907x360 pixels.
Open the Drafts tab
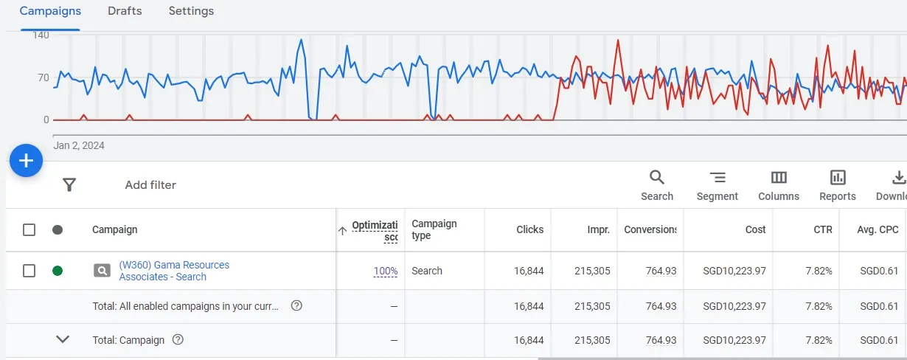click(x=125, y=11)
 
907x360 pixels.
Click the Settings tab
click(x=191, y=11)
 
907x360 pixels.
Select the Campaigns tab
click(x=50, y=11)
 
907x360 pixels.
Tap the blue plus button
click(x=26, y=160)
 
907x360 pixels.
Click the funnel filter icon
click(x=69, y=185)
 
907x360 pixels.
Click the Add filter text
click(x=150, y=185)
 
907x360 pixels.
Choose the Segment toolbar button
click(x=717, y=185)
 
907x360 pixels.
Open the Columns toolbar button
click(x=779, y=185)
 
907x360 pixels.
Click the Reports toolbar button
click(x=838, y=185)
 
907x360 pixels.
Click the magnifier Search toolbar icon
click(x=656, y=178)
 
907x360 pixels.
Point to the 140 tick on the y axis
click(x=41, y=35)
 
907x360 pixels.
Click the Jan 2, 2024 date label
click(x=79, y=145)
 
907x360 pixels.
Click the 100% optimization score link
click(x=386, y=271)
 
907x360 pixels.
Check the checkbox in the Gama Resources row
click(x=29, y=271)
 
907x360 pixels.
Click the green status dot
click(x=58, y=271)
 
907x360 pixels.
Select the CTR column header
click(x=823, y=229)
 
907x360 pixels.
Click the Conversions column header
click(x=650, y=229)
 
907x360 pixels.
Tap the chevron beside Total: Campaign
click(x=63, y=339)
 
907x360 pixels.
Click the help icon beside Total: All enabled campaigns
click(x=296, y=305)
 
